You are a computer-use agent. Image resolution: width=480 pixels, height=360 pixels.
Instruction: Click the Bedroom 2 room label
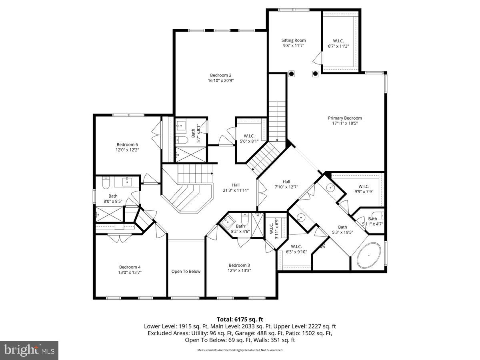pyautogui.click(x=220, y=75)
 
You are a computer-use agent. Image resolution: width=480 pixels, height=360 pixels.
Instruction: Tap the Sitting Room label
pyautogui.click(x=293, y=40)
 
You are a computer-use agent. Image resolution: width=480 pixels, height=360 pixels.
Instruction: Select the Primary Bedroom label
pyautogui.click(x=345, y=118)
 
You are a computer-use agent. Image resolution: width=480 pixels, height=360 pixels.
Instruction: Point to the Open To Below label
pyautogui.click(x=186, y=271)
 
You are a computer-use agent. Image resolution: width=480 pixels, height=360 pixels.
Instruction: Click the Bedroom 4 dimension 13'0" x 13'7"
pyautogui.click(x=130, y=272)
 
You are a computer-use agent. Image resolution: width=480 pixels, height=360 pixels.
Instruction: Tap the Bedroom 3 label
pyautogui.click(x=239, y=265)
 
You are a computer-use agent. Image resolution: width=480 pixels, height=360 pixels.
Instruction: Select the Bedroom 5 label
pyautogui.click(x=127, y=144)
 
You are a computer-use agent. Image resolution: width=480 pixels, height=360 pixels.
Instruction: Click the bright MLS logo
pyautogui.click(x=29, y=350)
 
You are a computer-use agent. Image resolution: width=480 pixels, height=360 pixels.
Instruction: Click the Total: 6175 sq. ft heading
pyautogui.click(x=240, y=319)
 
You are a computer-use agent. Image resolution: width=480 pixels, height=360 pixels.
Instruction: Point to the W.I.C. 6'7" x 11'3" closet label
pyautogui.click(x=338, y=41)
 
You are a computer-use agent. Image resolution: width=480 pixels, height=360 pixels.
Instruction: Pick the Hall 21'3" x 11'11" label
pyautogui.click(x=236, y=185)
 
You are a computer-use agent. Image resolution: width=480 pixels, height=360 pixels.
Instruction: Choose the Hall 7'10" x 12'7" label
pyautogui.click(x=286, y=181)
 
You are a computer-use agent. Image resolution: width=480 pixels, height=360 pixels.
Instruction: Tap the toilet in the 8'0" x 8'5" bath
pyautogui.click(x=106, y=184)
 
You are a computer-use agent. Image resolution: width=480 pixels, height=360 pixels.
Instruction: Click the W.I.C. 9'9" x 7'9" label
pyautogui.click(x=364, y=186)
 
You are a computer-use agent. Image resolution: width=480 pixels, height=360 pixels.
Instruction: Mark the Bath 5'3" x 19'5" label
pyautogui.click(x=342, y=227)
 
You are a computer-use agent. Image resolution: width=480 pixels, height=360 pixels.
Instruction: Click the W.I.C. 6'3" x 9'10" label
pyautogui.click(x=296, y=246)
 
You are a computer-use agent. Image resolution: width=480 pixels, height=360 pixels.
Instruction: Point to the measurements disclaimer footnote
pyautogui.click(x=240, y=350)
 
